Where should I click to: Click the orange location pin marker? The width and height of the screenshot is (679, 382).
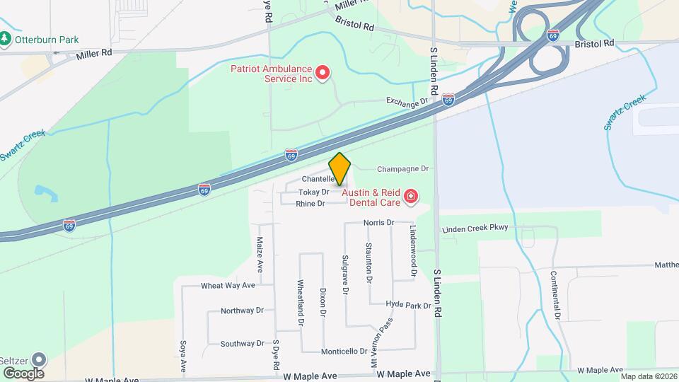[339, 168]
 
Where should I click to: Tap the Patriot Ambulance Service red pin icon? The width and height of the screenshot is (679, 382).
[323, 72]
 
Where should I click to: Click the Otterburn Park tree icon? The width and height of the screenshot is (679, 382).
[6, 39]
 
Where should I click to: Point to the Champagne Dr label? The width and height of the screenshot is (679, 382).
[403, 169]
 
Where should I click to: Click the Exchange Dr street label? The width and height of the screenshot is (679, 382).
[407, 102]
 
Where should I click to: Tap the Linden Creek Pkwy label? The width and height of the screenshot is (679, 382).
[475, 229]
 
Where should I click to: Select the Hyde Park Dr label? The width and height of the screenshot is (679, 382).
[409, 305]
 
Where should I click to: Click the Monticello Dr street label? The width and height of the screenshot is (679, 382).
[344, 351]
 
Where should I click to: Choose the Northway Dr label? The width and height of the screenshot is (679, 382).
[242, 311]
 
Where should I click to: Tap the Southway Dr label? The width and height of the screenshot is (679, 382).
[242, 344]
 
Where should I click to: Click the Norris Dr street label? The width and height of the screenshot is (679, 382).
[378, 223]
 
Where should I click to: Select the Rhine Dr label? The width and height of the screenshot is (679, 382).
[311, 204]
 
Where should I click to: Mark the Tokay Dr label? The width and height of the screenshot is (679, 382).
[314, 192]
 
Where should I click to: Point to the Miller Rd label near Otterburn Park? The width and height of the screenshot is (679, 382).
[95, 53]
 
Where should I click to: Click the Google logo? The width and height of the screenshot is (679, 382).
[23, 373]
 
